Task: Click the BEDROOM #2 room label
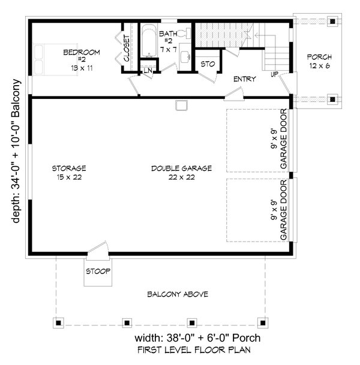coord(82,60)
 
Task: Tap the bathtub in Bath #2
coord(149,41)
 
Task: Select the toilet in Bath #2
coord(184,34)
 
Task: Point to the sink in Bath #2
coord(185,56)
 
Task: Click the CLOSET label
coord(127,48)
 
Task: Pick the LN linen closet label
coord(148,70)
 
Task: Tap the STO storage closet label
coord(208,64)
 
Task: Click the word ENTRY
coord(244,79)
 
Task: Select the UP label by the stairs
coord(274,74)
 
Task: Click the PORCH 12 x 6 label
coord(319,61)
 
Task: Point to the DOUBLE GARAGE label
coord(182,173)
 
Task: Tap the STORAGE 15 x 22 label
coord(69,173)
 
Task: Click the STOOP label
coord(98,271)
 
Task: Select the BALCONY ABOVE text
coord(178,294)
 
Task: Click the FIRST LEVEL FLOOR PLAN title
coord(194,350)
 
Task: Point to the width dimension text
coord(197,338)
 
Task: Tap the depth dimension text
coord(16,151)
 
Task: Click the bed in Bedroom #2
coord(55,59)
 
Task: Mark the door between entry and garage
coord(234,94)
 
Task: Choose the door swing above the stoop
coord(98,249)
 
